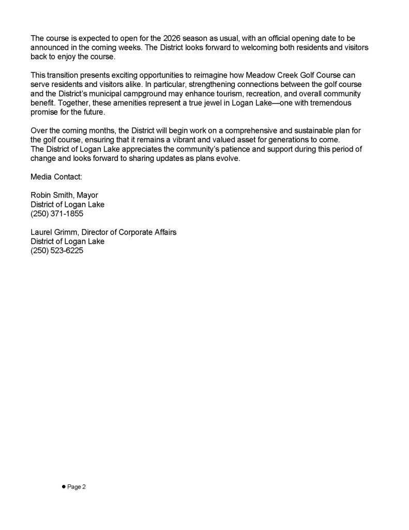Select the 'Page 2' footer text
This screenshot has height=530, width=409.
point(77,487)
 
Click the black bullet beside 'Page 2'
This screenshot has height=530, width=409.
point(64,487)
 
